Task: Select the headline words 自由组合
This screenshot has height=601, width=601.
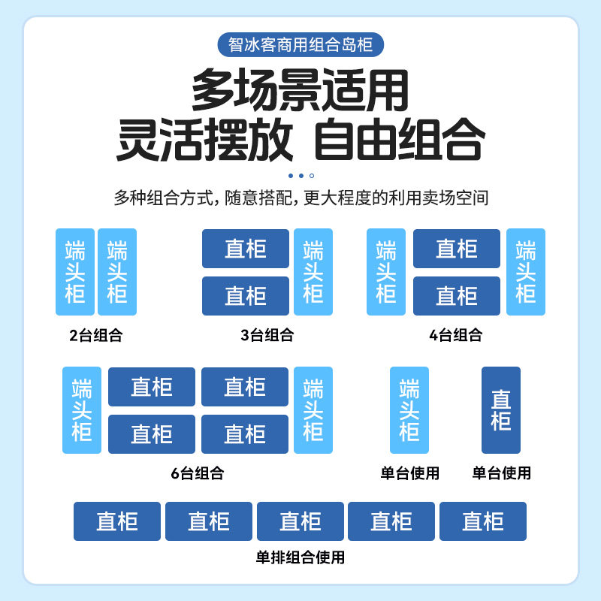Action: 398,139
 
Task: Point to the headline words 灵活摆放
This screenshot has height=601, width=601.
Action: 204,139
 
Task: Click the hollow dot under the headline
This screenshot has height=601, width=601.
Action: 312,176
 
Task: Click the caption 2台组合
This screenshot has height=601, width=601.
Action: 95,335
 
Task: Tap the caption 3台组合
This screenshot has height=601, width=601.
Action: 267,335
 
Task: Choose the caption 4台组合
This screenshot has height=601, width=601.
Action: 456,335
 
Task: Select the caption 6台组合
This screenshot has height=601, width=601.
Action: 197,473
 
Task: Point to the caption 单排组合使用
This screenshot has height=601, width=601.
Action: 300,557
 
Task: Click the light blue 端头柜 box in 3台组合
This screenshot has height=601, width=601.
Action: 313,272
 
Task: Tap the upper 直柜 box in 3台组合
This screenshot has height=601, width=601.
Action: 246,249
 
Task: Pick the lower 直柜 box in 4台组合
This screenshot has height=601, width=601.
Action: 457,296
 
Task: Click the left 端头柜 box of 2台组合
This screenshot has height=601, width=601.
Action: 75,272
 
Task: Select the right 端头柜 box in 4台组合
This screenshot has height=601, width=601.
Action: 526,272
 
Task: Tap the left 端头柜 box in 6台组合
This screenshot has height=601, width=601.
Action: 82,410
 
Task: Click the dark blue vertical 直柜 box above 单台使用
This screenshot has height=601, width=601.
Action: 501,410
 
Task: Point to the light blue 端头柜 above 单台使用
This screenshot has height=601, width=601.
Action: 409,410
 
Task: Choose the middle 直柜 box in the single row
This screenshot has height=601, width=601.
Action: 300,521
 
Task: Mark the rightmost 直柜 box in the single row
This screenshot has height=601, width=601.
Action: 483,521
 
